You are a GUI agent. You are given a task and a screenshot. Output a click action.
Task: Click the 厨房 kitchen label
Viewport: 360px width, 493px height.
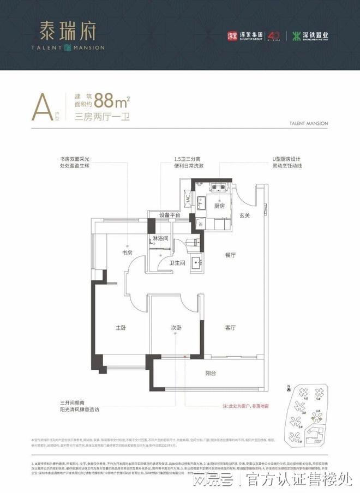click(x=219, y=206)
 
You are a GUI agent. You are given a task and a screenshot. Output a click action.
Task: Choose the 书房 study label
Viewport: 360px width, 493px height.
click(x=127, y=252)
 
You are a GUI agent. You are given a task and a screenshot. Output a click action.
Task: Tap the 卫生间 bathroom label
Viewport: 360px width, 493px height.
click(x=178, y=262)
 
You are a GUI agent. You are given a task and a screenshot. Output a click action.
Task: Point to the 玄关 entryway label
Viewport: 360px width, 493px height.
click(x=244, y=215)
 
